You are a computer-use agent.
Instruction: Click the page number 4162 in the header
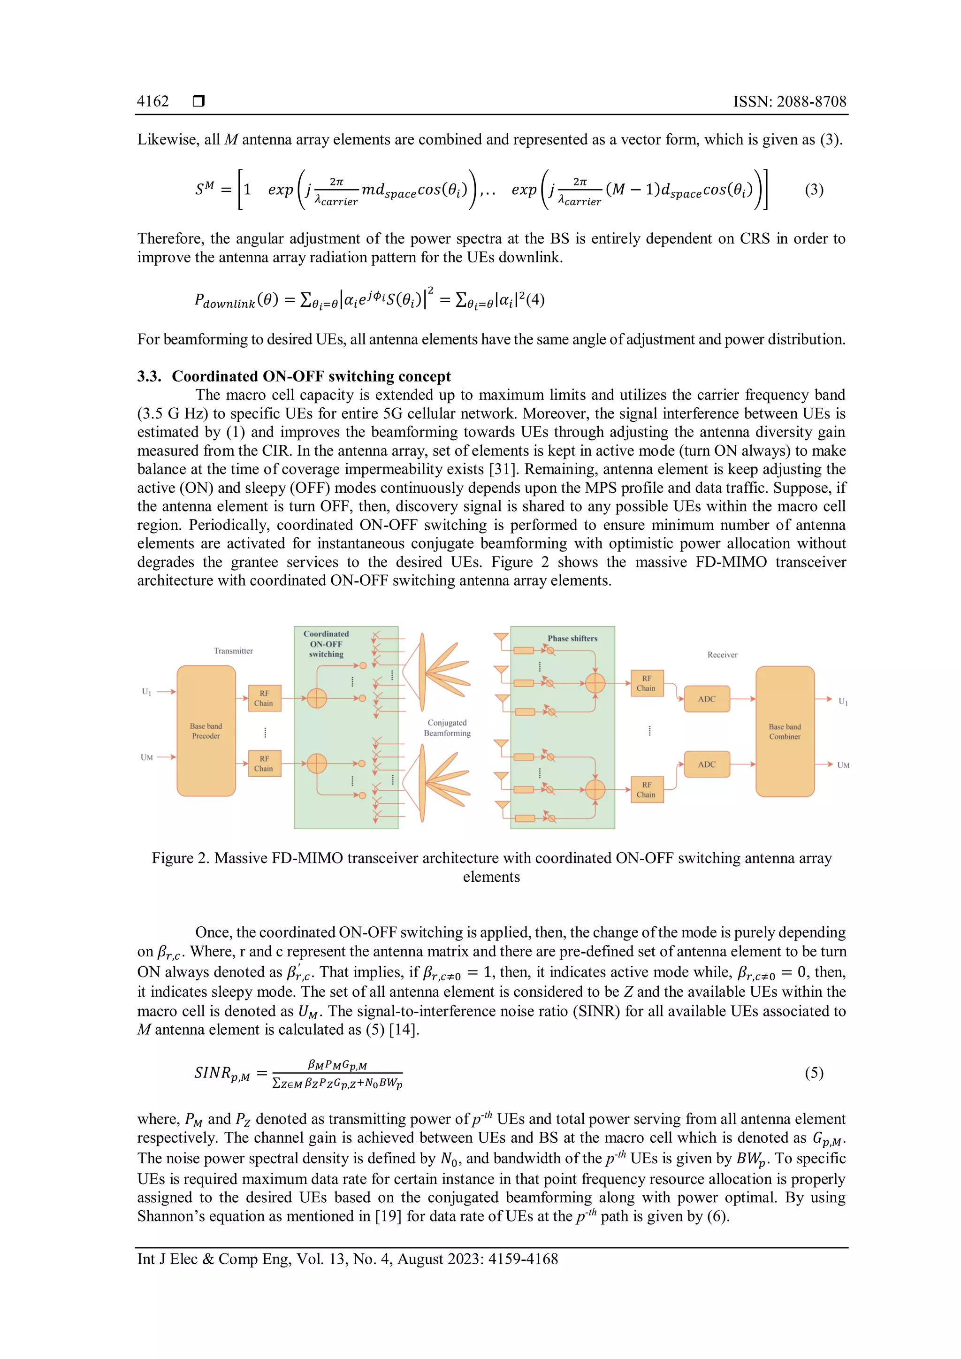(x=153, y=101)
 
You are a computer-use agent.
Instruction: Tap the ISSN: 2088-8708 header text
(x=789, y=101)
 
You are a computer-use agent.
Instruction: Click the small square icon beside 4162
(x=199, y=101)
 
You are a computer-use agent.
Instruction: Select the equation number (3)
(x=814, y=190)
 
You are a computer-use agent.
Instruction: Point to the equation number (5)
(x=814, y=1073)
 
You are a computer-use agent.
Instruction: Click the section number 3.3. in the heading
(x=150, y=376)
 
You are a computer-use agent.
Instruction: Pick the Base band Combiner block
(x=785, y=731)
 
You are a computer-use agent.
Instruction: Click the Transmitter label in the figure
(x=233, y=651)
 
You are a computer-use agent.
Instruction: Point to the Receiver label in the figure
(x=722, y=655)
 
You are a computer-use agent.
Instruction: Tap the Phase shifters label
(x=572, y=639)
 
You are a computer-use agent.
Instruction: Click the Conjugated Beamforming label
(x=447, y=728)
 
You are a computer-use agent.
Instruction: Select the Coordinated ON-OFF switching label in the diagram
(x=326, y=644)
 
